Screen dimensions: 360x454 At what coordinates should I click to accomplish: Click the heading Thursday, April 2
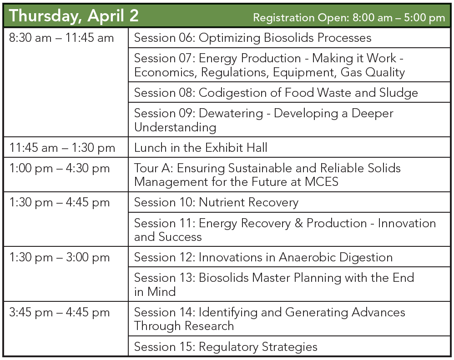(74, 16)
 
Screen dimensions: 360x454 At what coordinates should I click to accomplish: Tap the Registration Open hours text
(348, 18)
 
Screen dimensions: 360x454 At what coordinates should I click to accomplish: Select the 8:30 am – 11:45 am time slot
(61, 38)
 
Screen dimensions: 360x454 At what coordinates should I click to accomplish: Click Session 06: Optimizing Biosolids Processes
(252, 38)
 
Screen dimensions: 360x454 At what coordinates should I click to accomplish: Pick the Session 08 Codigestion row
(276, 93)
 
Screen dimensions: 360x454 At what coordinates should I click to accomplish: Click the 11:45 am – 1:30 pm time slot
(62, 148)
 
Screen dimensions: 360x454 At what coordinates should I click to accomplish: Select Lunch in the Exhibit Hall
(201, 148)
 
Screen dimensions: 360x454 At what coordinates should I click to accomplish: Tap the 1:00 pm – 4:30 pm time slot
(60, 168)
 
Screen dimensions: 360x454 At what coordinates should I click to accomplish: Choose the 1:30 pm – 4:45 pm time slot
(60, 202)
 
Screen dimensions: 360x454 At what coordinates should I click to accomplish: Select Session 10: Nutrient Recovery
(216, 202)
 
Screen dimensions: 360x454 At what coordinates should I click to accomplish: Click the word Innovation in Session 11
(406, 223)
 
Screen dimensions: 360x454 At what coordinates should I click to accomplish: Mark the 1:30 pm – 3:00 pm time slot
(60, 257)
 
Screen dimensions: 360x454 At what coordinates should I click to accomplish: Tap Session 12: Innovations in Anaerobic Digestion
(263, 257)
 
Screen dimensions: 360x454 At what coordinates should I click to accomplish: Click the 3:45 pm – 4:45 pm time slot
(60, 312)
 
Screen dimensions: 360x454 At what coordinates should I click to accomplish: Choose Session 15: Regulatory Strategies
(226, 347)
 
